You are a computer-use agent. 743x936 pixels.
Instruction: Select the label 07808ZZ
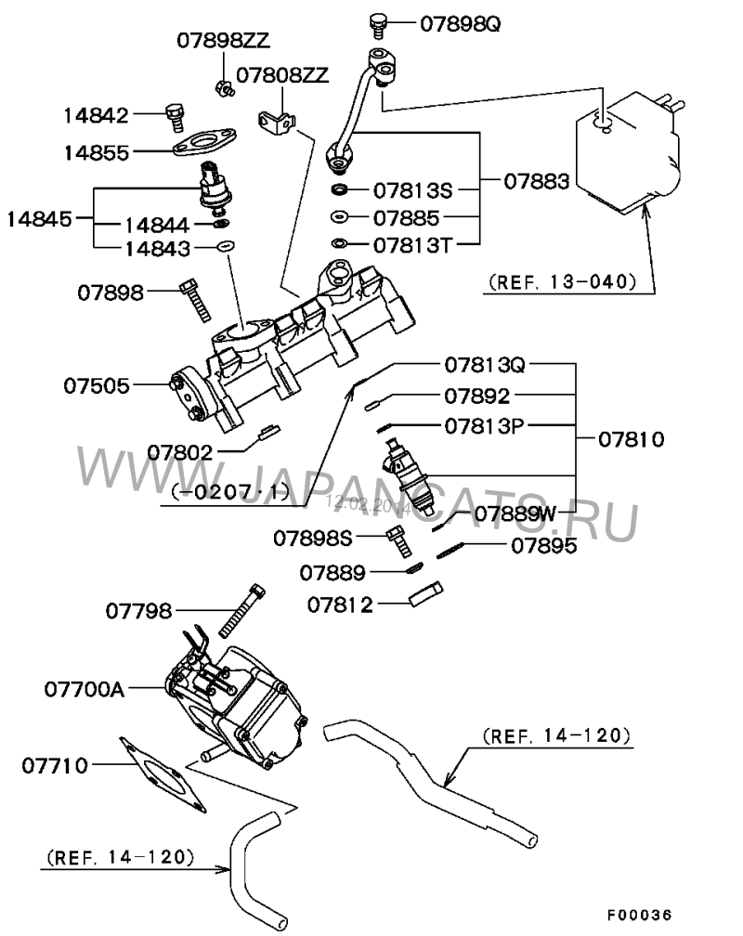pyautogui.click(x=281, y=75)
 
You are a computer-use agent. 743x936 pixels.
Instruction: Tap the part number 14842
pyautogui.click(x=98, y=114)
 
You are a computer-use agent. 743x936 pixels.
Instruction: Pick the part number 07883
pyautogui.click(x=537, y=183)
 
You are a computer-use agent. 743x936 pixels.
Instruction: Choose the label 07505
pyautogui.click(x=98, y=383)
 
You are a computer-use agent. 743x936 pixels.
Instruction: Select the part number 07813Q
pyautogui.click(x=483, y=365)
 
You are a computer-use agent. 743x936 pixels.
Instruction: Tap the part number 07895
pyautogui.click(x=543, y=546)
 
